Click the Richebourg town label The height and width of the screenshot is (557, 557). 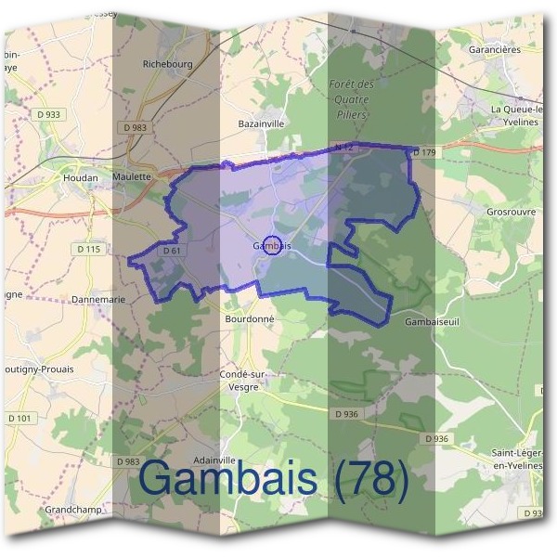(x=166, y=64)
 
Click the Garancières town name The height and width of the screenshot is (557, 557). (x=495, y=49)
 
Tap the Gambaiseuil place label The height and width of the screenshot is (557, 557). (x=433, y=321)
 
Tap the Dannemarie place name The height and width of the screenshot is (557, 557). (x=97, y=300)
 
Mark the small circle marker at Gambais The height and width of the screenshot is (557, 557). (x=271, y=245)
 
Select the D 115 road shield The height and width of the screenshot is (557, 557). (x=89, y=249)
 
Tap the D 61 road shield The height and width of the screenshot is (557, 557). (x=170, y=251)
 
